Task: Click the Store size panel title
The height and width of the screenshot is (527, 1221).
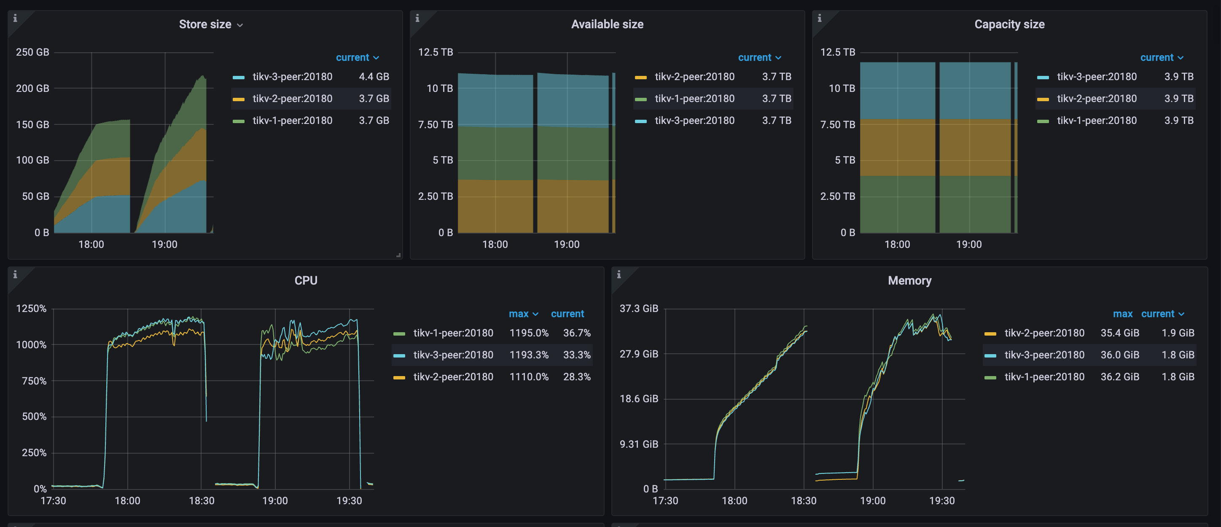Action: (x=205, y=24)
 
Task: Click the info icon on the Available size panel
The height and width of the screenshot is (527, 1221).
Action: (x=417, y=19)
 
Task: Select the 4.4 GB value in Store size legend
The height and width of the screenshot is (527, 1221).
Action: (x=374, y=77)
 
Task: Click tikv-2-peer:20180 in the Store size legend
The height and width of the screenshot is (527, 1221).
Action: (x=292, y=99)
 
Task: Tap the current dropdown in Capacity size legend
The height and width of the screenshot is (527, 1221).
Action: (x=1161, y=57)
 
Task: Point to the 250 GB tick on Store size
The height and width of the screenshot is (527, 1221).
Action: (x=32, y=52)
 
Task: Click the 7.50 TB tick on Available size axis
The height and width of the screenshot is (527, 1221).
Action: (x=435, y=125)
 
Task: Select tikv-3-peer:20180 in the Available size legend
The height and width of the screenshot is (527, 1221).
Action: (x=694, y=121)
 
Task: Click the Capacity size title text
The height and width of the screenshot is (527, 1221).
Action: (x=1009, y=24)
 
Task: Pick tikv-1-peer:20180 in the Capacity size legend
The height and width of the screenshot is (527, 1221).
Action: (x=1096, y=121)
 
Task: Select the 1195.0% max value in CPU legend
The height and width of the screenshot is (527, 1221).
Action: (x=529, y=333)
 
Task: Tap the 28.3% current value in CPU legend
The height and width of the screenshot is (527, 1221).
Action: (x=576, y=377)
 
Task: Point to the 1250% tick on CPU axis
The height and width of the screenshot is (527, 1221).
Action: (x=31, y=309)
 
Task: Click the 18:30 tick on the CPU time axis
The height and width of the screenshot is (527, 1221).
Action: (x=202, y=500)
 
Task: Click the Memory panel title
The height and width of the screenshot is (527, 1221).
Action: (x=909, y=280)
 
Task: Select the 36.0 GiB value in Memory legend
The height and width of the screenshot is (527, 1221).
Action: (x=1119, y=355)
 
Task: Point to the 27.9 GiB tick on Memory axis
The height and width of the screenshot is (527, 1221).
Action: (x=638, y=354)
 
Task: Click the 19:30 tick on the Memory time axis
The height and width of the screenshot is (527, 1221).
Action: (x=941, y=500)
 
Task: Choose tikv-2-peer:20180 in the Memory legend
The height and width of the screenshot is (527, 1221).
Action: (x=1044, y=333)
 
